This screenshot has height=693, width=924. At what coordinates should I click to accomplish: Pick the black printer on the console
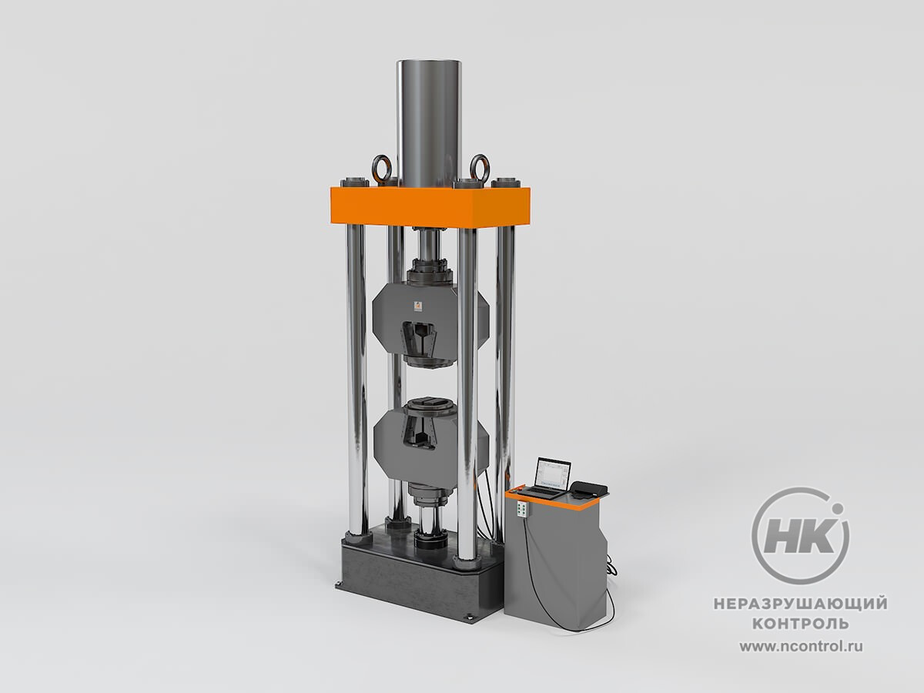589,489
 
